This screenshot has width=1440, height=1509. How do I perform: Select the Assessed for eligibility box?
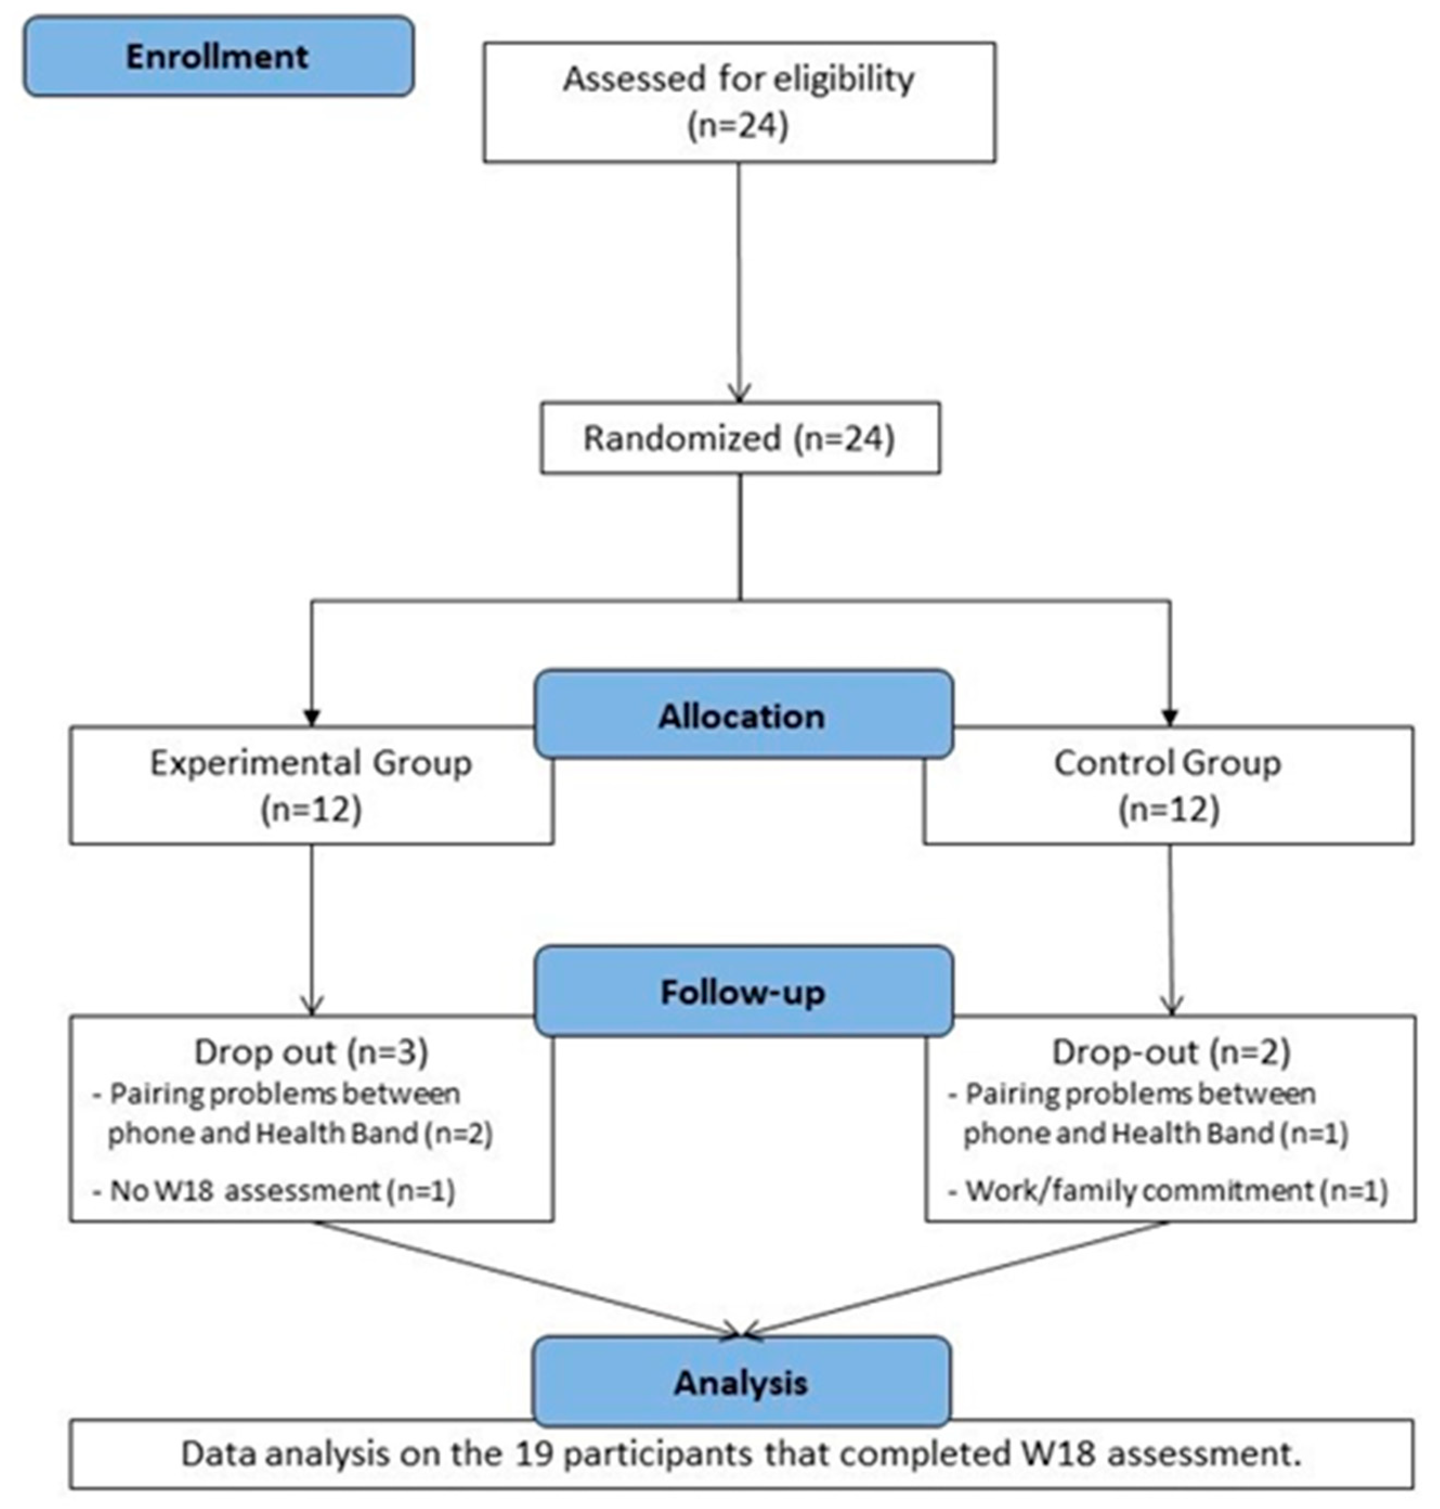739,101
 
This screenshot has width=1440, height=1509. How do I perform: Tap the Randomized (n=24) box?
739,438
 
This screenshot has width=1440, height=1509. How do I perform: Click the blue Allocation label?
742,716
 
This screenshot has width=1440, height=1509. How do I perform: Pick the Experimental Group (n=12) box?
310,786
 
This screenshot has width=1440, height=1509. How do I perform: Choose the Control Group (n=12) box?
1168,786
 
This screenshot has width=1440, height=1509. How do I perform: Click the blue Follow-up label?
742,992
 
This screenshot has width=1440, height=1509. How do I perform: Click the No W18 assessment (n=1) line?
274,1191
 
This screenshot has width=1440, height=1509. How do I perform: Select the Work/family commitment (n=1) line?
1168,1191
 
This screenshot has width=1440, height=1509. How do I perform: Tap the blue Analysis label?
741,1382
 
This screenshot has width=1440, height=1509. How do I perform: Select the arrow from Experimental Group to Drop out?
311,929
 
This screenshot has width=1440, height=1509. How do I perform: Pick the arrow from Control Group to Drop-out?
1171,929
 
